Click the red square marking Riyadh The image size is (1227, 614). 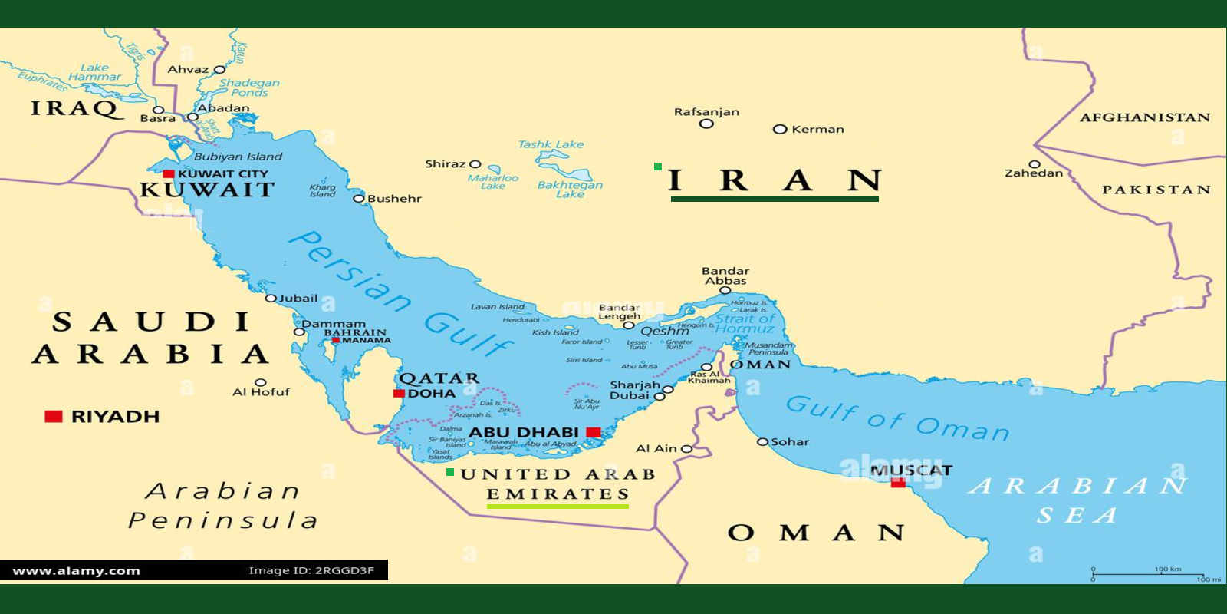[53, 417]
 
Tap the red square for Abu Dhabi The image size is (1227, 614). [593, 432]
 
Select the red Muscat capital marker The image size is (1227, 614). [898, 483]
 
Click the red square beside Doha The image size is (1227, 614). [399, 393]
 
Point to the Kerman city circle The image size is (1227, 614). [780, 129]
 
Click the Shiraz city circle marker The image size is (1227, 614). [475, 164]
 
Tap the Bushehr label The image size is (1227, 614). [394, 199]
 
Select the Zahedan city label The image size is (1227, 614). [1034, 173]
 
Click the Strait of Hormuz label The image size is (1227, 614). [745, 323]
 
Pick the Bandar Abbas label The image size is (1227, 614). [725, 276]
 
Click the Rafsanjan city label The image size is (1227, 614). [706, 112]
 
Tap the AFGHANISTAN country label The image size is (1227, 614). [1144, 117]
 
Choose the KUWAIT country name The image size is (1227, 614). [206, 190]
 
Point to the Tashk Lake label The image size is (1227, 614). [551, 144]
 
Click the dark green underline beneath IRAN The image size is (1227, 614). [775, 199]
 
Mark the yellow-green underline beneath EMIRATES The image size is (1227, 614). [558, 506]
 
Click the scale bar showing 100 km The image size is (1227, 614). [1148, 574]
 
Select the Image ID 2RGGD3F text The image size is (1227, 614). [311, 570]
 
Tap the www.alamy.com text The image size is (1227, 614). [77, 570]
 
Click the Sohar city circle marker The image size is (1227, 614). [762, 442]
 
